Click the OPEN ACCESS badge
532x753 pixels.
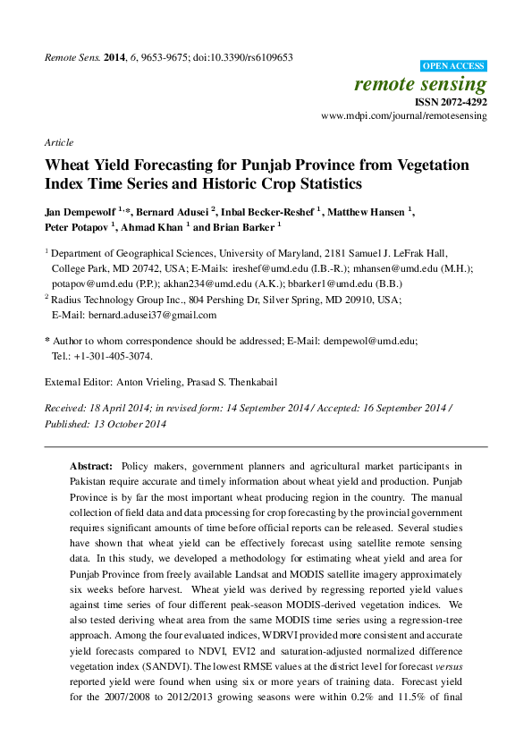coord(453,66)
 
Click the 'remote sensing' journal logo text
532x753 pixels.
coord(420,85)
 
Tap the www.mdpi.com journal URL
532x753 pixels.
coord(403,116)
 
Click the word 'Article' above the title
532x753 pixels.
coord(58,142)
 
